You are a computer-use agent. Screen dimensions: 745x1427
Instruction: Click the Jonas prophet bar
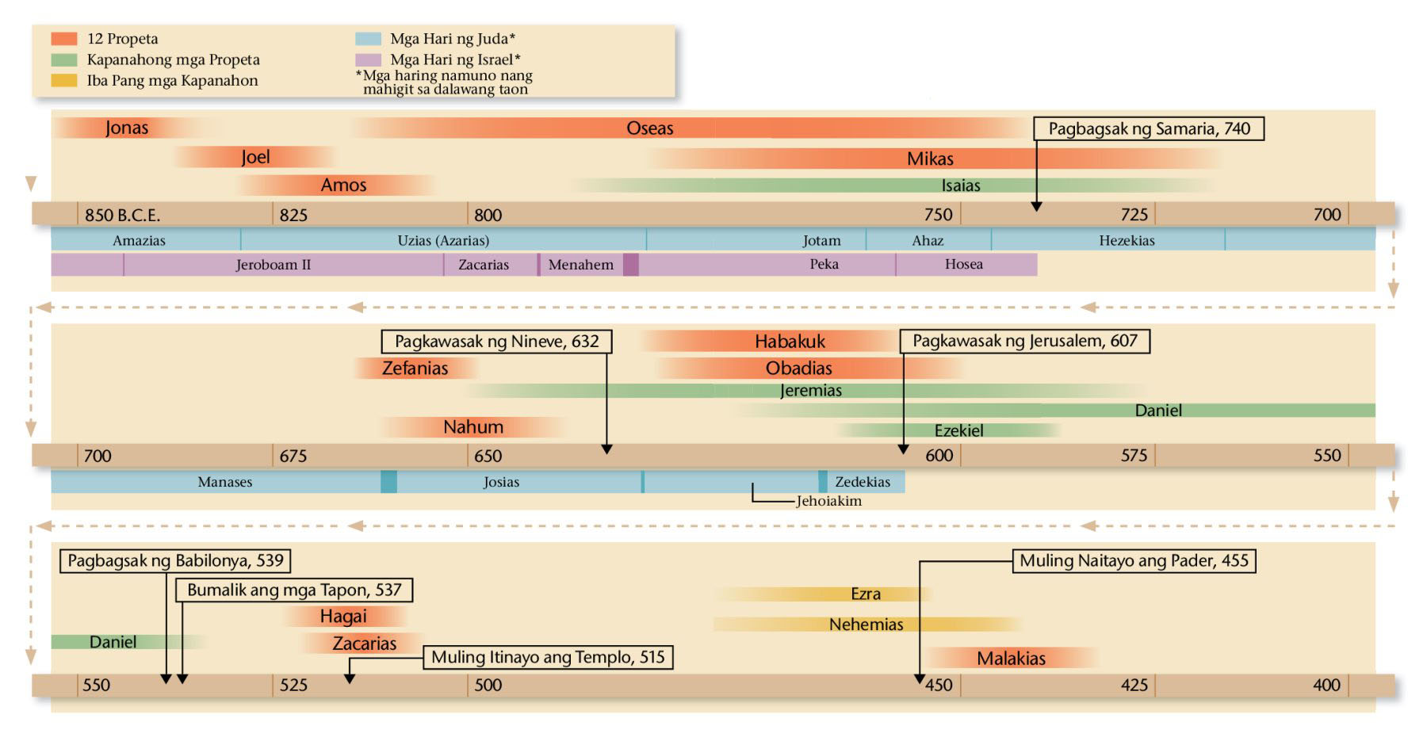point(127,128)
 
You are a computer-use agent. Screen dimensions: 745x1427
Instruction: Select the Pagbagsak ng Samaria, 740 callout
point(1149,129)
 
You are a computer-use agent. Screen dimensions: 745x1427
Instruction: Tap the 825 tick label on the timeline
point(293,215)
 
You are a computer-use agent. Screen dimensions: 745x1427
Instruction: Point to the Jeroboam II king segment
point(274,265)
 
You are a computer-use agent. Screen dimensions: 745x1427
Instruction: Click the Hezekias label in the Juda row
point(1127,240)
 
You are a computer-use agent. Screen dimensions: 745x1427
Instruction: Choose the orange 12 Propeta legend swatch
point(64,39)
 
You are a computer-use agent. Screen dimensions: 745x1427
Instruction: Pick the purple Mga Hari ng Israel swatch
point(369,59)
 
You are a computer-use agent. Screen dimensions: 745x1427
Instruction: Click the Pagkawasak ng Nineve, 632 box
point(496,342)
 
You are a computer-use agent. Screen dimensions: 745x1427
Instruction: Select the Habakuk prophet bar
point(790,342)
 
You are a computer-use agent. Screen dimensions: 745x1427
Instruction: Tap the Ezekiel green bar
point(958,430)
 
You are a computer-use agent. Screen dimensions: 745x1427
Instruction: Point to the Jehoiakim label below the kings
point(828,501)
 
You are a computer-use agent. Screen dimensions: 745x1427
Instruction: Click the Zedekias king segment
point(863,482)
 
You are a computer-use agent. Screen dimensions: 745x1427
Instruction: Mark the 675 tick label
point(293,456)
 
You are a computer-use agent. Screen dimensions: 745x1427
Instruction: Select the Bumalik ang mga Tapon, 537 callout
point(294,590)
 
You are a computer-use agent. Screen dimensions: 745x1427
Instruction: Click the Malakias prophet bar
point(1011,658)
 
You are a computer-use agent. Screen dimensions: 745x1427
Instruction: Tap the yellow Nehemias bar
point(866,625)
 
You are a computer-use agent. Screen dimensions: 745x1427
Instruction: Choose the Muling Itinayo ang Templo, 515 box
point(548,657)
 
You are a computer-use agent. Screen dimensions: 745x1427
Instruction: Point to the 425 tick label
point(1134,686)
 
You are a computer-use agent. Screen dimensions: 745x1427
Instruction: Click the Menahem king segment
point(581,265)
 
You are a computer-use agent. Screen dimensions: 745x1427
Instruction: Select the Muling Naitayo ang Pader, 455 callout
point(1134,561)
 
